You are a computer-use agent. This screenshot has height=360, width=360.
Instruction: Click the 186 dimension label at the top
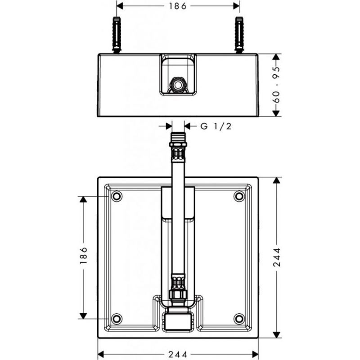[178, 6]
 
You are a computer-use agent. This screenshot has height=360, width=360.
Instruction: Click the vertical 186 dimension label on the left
[84, 255]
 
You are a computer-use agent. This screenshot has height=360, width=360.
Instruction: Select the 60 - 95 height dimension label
[277, 85]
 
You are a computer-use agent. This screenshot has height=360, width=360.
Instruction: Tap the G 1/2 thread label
[216, 126]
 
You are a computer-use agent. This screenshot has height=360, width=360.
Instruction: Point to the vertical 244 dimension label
[277, 257]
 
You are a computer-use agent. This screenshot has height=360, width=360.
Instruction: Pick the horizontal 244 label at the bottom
[178, 354]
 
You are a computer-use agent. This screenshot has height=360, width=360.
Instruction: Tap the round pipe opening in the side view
[178, 85]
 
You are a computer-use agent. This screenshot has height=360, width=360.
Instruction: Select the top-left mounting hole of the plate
[117, 196]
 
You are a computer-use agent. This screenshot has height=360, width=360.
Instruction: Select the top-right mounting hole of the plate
[239, 196]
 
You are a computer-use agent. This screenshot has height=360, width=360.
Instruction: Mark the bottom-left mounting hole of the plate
[117, 319]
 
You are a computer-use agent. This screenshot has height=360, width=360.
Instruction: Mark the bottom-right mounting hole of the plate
[239, 319]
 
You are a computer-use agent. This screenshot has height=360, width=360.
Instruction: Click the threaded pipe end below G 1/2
[178, 137]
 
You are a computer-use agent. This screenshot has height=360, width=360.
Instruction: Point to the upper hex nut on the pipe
[178, 144]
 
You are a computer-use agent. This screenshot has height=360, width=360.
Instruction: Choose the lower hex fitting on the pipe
[178, 294]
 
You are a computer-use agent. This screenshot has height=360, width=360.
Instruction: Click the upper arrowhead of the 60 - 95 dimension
[276, 57]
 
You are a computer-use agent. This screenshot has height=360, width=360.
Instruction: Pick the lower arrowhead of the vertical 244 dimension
[277, 335]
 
